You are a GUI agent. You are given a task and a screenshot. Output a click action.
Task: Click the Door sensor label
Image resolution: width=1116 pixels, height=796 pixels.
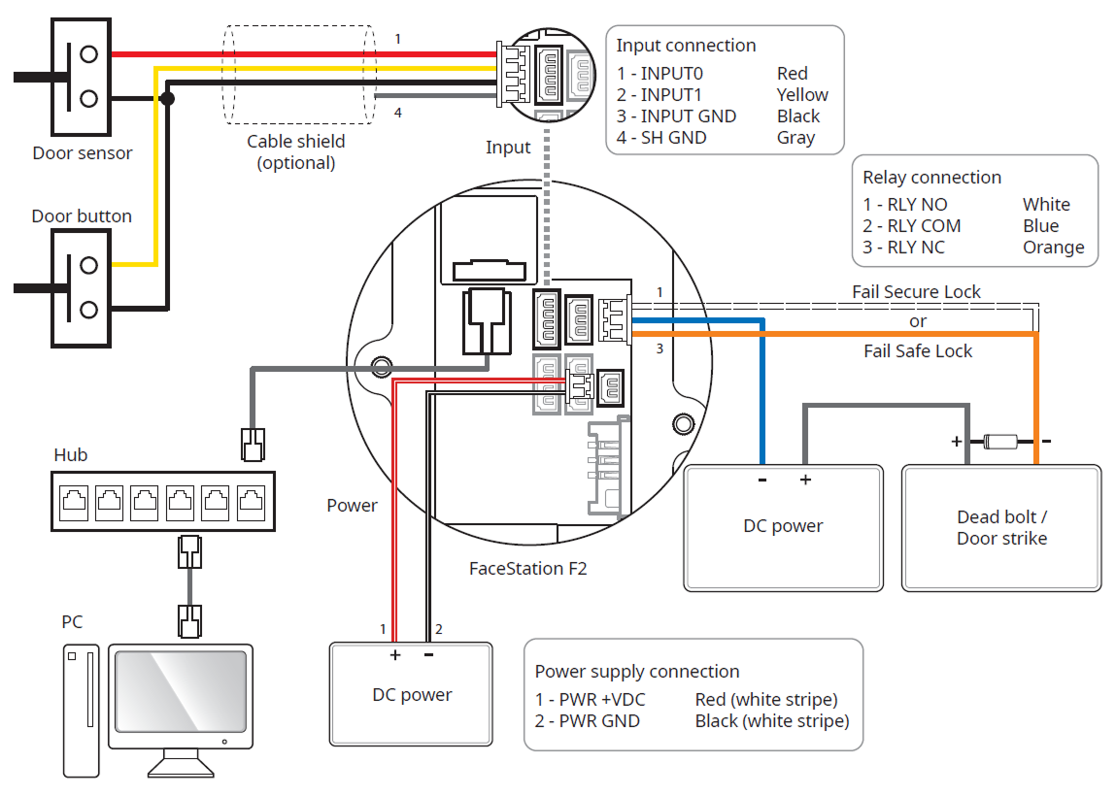[x=83, y=152]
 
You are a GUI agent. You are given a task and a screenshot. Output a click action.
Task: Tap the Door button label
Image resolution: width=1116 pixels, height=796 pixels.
[x=82, y=216]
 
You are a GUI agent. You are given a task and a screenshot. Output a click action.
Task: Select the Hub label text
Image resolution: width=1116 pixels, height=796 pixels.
[x=71, y=454]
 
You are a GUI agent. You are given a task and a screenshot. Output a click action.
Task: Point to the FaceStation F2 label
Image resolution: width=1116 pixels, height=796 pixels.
[x=527, y=568]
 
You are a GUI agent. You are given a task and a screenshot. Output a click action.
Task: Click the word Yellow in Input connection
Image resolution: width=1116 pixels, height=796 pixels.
[x=802, y=95]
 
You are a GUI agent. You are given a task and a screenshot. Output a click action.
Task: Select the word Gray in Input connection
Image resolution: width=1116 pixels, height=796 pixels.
[x=795, y=138]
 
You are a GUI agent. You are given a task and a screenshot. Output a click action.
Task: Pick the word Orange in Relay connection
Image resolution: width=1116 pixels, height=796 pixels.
[x=1053, y=248]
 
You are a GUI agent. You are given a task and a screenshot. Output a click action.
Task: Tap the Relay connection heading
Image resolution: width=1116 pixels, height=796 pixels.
[x=931, y=178]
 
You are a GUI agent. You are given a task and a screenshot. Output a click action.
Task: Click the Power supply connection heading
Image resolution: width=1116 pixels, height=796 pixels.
[x=636, y=672]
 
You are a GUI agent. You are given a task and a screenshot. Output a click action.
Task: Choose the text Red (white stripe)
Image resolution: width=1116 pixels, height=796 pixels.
[x=765, y=700]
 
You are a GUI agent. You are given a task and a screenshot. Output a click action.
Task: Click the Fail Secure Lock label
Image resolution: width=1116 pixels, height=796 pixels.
[x=916, y=292]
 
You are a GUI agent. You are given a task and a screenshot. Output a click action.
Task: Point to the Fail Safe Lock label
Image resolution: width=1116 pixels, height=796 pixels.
[x=918, y=351]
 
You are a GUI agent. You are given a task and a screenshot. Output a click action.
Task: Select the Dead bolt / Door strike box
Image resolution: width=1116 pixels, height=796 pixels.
[x=1001, y=528]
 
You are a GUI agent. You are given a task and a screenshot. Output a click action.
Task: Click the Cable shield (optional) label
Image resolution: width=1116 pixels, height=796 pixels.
[x=296, y=151]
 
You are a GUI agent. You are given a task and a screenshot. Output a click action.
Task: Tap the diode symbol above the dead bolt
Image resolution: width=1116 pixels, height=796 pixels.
[x=1000, y=442]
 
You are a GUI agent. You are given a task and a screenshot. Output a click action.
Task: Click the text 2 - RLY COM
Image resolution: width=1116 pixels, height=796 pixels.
[x=912, y=226]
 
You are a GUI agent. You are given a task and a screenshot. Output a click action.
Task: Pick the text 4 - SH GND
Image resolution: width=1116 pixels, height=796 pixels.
[x=661, y=138]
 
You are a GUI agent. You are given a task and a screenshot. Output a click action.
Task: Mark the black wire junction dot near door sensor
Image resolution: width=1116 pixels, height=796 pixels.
[x=167, y=99]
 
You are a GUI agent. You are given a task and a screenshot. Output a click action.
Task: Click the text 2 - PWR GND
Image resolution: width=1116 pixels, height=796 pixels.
[x=587, y=721]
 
